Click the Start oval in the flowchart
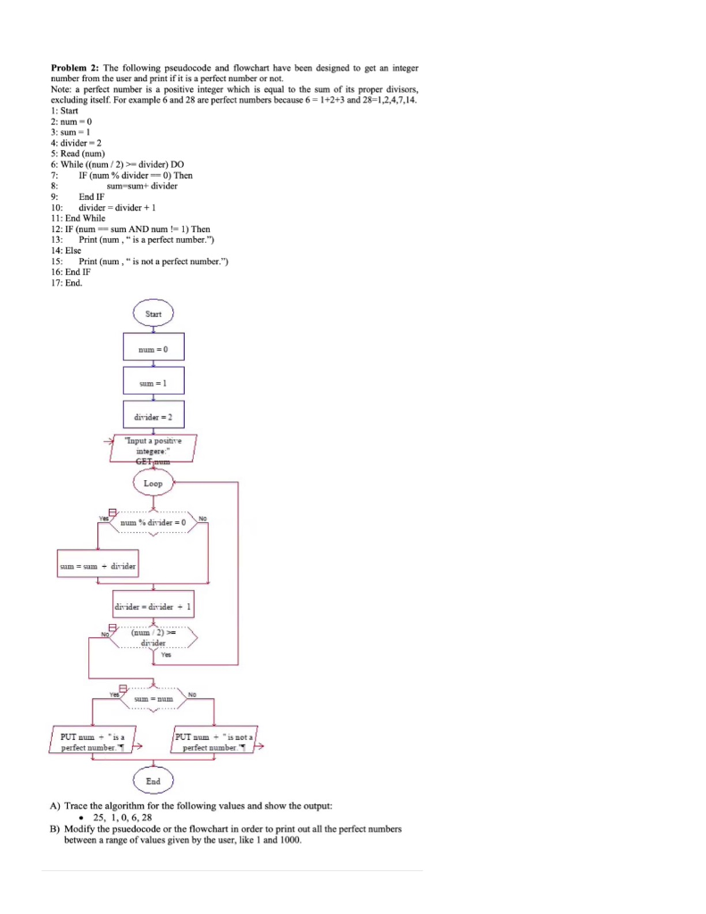[x=153, y=313]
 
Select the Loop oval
[x=153, y=483]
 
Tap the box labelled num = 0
[x=153, y=348]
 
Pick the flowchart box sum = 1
[x=153, y=381]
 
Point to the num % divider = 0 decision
[x=153, y=523]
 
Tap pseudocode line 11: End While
[x=79, y=218]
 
